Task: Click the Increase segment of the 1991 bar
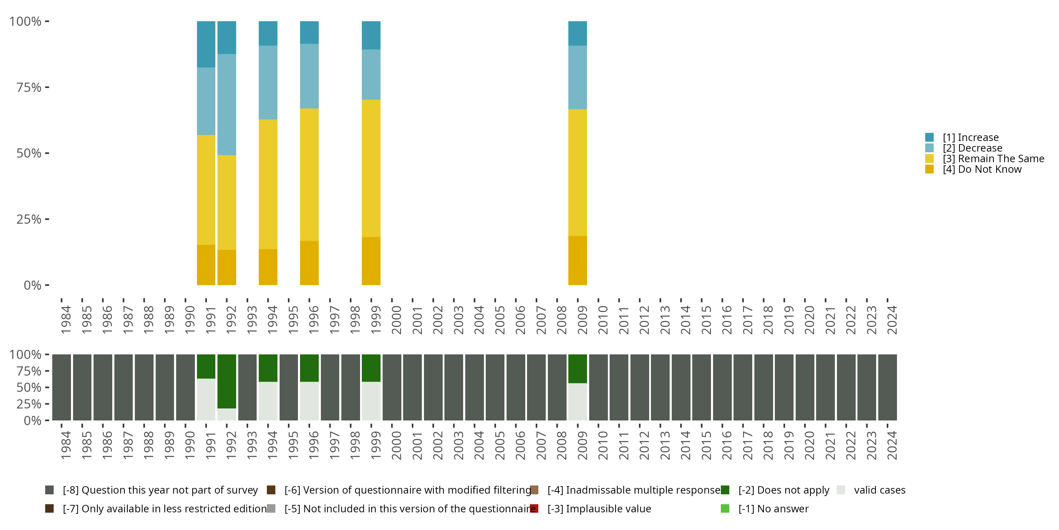[206, 44]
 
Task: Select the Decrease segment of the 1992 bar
[227, 105]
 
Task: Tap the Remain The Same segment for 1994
[268, 184]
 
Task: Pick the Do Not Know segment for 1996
[309, 263]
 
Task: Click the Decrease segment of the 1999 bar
[371, 75]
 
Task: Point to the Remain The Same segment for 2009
[577, 172]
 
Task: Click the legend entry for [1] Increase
[970, 137]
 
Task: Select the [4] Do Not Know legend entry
[981, 170]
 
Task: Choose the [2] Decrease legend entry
[972, 148]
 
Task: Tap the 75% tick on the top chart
[29, 87]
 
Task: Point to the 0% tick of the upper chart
[32, 285]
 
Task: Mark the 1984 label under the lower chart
[66, 445]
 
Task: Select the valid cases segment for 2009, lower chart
[577, 402]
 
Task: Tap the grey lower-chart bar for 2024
[887, 387]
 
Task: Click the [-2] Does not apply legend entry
[784, 490]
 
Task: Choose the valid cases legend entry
[879, 490]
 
